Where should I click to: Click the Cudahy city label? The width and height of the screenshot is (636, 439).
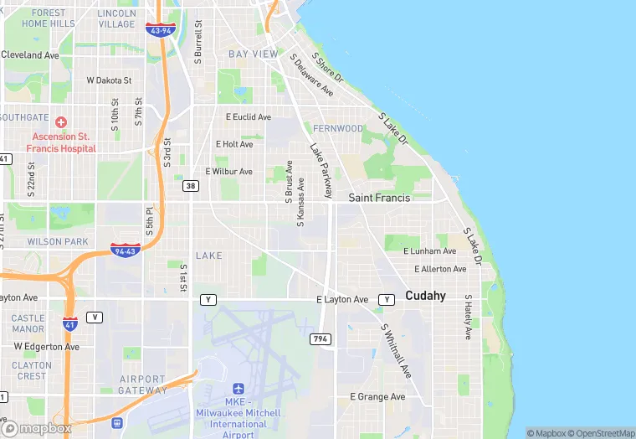(x=425, y=296)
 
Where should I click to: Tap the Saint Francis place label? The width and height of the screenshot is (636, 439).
(x=379, y=199)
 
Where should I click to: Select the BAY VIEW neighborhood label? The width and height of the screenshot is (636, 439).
(x=253, y=54)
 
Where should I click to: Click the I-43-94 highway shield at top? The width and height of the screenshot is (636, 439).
(x=158, y=29)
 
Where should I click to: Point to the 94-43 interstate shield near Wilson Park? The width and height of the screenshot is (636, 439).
(x=124, y=250)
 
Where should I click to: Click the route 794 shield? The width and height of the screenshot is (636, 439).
(x=321, y=338)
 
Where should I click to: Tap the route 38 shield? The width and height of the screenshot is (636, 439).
(x=192, y=186)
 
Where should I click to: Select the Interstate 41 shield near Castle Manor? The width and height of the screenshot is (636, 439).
(x=70, y=323)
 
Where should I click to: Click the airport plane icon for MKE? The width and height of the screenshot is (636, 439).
(x=238, y=390)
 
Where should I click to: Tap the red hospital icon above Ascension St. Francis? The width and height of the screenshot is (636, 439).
(x=60, y=122)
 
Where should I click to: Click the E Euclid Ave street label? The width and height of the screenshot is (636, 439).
(x=249, y=117)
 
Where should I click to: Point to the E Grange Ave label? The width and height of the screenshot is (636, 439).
(x=377, y=396)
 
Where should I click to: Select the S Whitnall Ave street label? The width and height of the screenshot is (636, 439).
(x=396, y=350)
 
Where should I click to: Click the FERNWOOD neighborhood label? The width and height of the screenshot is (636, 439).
(x=338, y=129)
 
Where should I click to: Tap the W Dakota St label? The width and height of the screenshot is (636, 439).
(x=110, y=80)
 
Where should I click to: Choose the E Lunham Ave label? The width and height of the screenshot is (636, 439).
(x=429, y=250)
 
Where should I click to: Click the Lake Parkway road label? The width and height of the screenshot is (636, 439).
(x=321, y=170)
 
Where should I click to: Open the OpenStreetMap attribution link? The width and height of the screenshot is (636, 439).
(x=601, y=433)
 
